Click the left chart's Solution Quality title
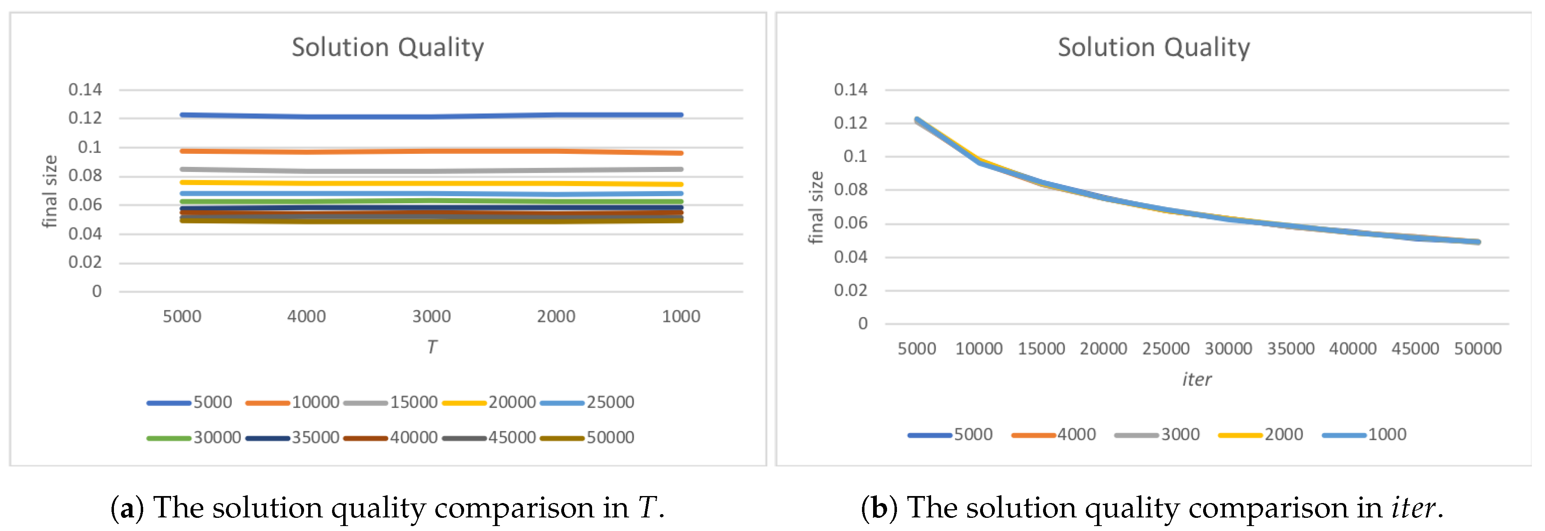click(388, 47)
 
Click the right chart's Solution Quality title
click(1153, 47)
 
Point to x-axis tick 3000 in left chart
click(431, 316)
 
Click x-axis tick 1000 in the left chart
click(681, 316)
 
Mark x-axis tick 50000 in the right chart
click(1477, 349)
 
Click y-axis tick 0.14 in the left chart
click(85, 90)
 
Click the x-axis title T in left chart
click(432, 347)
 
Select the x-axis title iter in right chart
click(1197, 379)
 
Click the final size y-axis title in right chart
click(815, 207)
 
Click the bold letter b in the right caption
click(879, 508)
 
